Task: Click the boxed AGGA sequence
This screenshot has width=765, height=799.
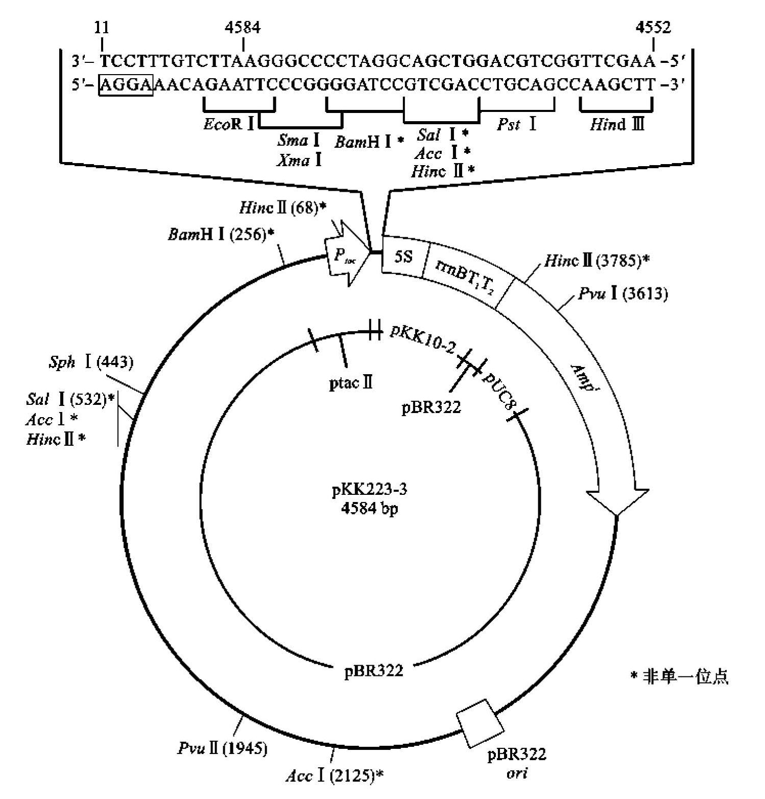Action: [126, 85]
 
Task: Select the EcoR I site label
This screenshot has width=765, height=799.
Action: [229, 124]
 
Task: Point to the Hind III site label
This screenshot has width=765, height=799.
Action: [617, 124]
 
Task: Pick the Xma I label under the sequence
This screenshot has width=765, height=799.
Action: [300, 161]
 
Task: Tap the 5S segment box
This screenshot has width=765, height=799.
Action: [403, 257]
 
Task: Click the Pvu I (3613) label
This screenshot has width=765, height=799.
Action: [623, 294]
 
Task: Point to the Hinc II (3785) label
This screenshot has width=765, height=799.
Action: [596, 261]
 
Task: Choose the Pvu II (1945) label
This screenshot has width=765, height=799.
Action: [223, 749]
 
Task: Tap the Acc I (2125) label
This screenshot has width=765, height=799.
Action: [334, 777]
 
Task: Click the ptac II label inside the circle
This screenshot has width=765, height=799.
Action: [351, 382]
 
